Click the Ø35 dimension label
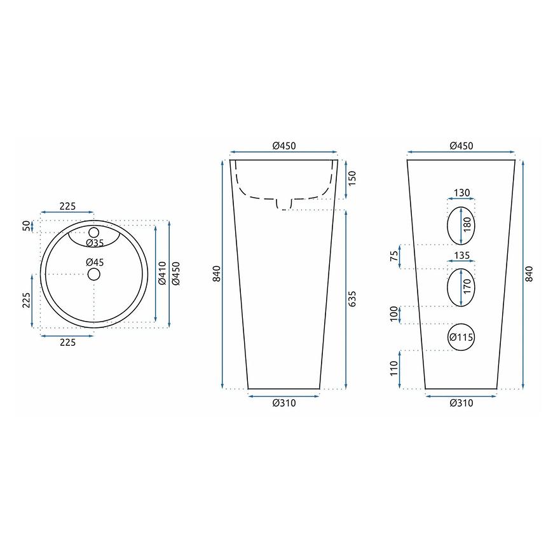coord(95,243)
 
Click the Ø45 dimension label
coord(95,262)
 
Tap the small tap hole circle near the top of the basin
coord(94,233)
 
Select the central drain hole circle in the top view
coord(94,274)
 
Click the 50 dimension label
coord(26,226)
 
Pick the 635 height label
coord(352,299)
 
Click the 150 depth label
coord(352,178)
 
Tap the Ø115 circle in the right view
coord(461,337)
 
